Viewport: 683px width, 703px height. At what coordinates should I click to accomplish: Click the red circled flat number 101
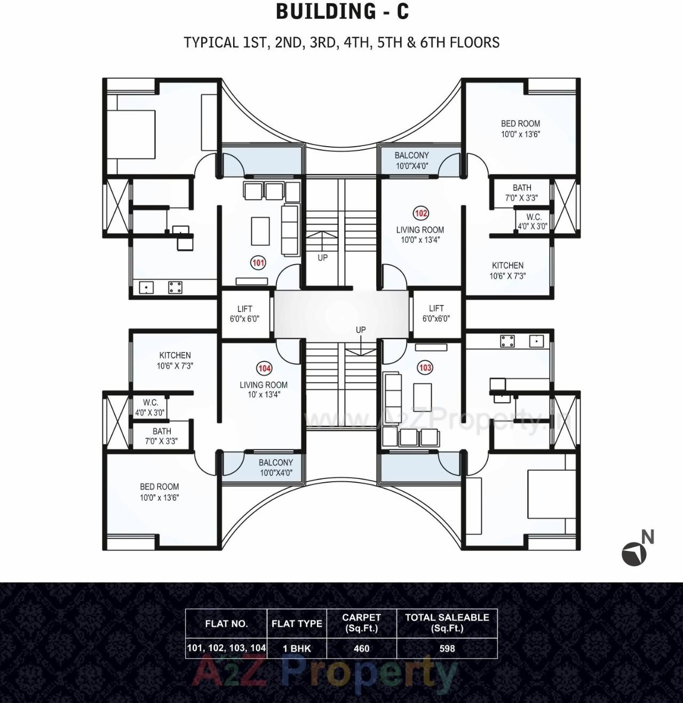click(x=258, y=262)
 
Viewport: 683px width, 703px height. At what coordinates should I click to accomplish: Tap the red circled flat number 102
click(x=421, y=213)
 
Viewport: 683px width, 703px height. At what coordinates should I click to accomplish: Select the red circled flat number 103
click(x=425, y=368)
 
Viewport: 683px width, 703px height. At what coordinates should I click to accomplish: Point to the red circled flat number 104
click(x=265, y=368)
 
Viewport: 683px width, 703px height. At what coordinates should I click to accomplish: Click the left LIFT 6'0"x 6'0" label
click(x=245, y=314)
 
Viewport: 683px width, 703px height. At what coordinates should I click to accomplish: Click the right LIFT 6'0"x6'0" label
click(x=436, y=313)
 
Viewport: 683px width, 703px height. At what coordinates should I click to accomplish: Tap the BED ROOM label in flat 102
click(x=520, y=129)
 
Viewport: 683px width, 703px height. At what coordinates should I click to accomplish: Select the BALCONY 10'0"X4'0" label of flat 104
click(x=276, y=467)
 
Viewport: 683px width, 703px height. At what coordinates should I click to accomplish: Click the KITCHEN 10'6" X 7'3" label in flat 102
click(x=507, y=270)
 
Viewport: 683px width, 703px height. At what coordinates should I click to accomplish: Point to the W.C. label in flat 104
click(x=150, y=408)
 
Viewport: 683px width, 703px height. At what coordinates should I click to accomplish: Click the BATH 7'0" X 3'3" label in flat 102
click(x=522, y=193)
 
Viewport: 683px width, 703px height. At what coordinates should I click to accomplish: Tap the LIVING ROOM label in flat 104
click(x=264, y=389)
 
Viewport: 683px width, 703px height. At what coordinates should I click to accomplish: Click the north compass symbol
click(x=635, y=553)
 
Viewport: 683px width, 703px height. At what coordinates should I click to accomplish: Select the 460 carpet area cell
click(x=361, y=649)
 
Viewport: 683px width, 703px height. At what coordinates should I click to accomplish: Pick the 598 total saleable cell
click(x=447, y=649)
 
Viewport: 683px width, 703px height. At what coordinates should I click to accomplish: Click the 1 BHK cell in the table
click(x=297, y=649)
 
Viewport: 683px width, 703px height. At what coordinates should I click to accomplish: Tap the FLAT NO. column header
click(x=226, y=624)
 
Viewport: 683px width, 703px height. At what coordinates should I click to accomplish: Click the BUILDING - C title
click(x=342, y=12)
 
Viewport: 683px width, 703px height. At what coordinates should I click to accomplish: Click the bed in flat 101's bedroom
click(x=131, y=134)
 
